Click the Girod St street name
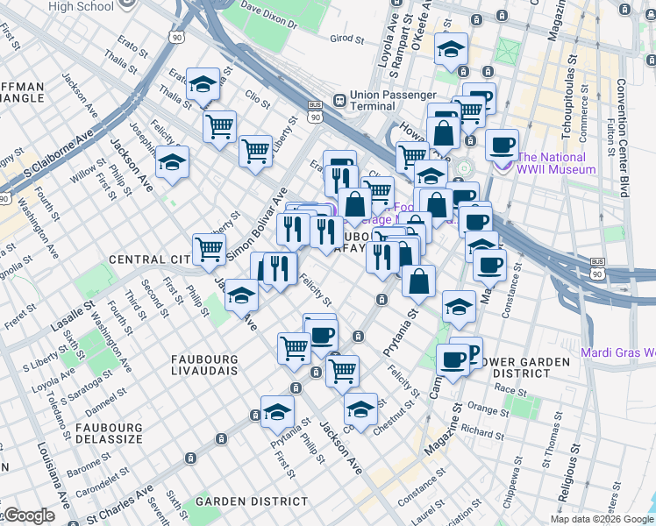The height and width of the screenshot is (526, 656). click(347, 39)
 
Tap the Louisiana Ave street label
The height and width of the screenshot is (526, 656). click(53, 474)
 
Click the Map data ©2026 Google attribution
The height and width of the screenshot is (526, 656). click(603, 519)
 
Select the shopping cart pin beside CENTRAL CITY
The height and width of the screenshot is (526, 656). click(209, 250)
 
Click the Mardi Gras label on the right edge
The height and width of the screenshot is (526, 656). click(618, 353)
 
